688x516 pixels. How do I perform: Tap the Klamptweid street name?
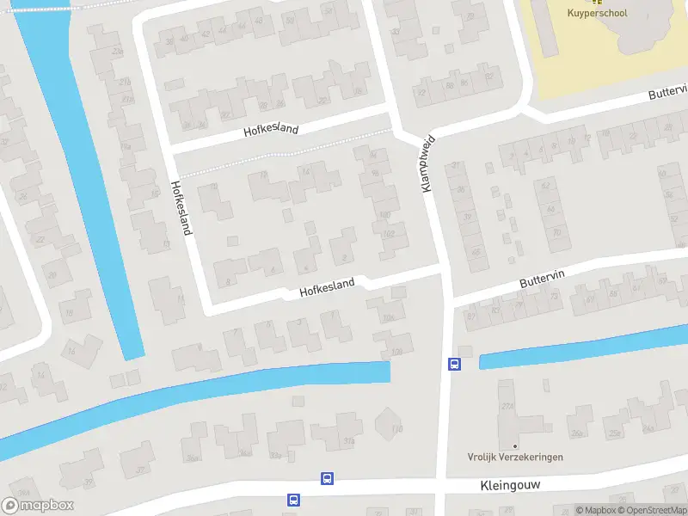pos(426,163)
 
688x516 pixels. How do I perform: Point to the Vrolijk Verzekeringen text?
pos(515,457)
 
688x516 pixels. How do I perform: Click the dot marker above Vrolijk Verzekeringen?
pos(515,445)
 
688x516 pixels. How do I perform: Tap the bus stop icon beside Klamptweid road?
pos(454,364)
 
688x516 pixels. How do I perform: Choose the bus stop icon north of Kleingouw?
pos(327,478)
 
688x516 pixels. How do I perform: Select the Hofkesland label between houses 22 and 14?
pos(271,130)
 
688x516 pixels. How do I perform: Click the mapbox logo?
pos(38,506)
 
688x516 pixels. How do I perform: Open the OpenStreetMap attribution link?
pos(652,510)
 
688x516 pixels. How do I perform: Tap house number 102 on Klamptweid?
pos(390,232)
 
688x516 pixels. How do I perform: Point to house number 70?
pos(556,232)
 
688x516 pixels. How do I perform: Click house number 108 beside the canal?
pos(396,351)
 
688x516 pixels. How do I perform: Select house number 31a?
pos(348,441)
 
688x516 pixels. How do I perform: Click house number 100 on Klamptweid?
pos(384,214)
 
